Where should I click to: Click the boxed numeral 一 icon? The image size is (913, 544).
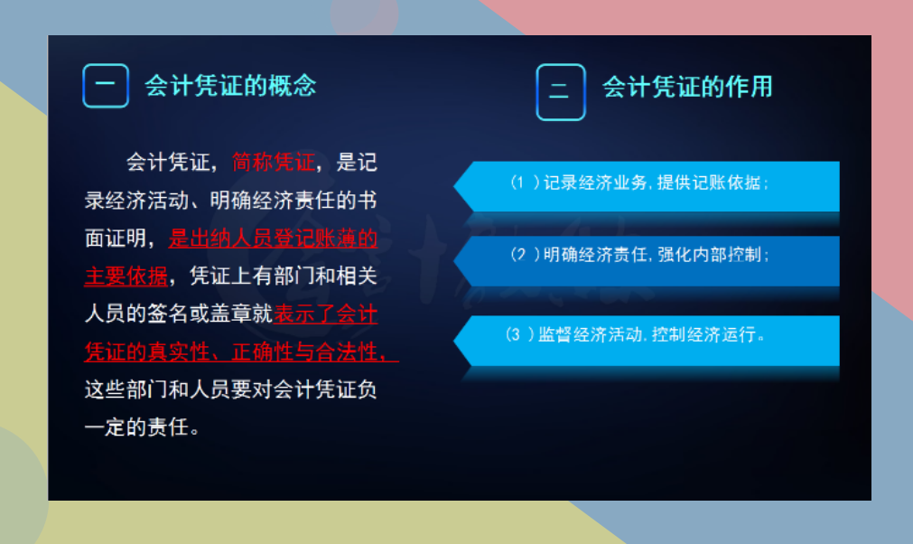pyautogui.click(x=106, y=86)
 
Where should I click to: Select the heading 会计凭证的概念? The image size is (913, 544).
pyautogui.click(x=230, y=86)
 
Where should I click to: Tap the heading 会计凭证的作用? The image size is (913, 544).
pyautogui.click(x=687, y=87)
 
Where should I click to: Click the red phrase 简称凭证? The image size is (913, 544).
pyautogui.click(x=274, y=163)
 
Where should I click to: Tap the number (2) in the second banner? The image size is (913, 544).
pyautogui.click(x=525, y=255)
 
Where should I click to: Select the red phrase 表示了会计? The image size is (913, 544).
pyautogui.click(x=326, y=314)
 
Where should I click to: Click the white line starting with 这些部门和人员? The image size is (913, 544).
pyautogui.click(x=230, y=389)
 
